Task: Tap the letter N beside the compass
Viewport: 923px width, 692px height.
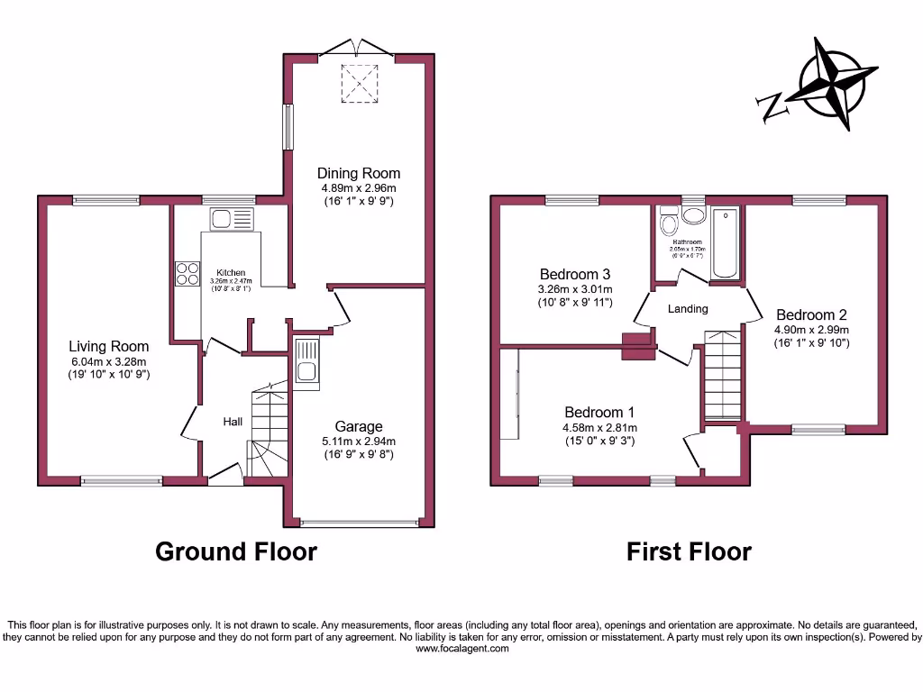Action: (772, 107)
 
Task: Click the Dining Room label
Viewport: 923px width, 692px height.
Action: (358, 173)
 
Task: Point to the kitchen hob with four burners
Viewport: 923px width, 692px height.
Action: (187, 273)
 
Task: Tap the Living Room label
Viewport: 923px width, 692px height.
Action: (109, 346)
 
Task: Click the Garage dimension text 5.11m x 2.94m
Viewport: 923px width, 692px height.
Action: (359, 442)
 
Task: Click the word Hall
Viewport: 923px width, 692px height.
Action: (233, 421)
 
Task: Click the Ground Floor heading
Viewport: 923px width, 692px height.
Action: (236, 551)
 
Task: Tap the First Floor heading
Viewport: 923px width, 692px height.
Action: (689, 551)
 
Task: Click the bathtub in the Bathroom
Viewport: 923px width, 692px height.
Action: (725, 244)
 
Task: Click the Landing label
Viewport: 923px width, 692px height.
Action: (688, 309)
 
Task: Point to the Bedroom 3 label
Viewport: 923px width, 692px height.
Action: (575, 274)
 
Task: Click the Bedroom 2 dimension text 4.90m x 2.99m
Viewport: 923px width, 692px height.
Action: (811, 330)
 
